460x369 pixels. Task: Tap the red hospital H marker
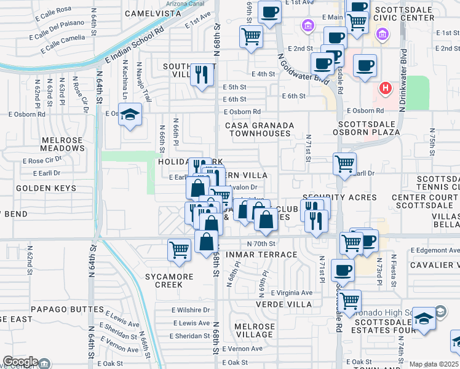click(386, 89)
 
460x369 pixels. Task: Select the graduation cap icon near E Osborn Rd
click(130, 115)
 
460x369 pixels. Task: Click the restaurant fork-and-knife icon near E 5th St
click(202, 74)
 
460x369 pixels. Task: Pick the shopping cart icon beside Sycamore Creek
click(178, 250)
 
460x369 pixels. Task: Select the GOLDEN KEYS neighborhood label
click(46, 188)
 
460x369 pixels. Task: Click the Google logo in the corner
click(20, 362)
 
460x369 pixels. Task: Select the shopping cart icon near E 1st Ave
click(251, 37)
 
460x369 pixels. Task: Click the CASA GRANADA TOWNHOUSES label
click(258, 129)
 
